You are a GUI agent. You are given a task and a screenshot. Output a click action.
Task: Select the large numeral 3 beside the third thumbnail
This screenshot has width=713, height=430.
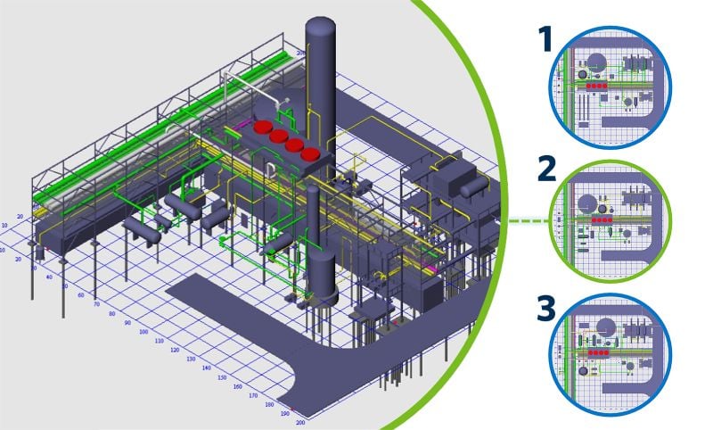544,310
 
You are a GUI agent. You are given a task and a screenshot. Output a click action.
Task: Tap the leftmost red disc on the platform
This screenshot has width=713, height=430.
262,128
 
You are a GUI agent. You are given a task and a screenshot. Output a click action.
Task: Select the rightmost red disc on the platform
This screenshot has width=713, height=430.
311,153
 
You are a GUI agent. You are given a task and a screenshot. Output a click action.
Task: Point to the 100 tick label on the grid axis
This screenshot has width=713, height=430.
146,331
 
